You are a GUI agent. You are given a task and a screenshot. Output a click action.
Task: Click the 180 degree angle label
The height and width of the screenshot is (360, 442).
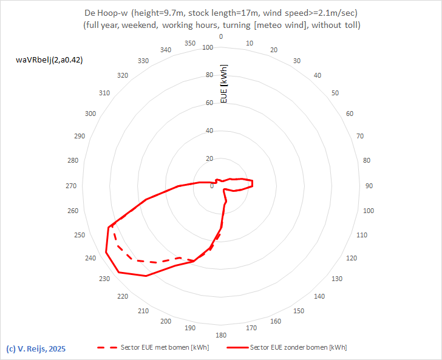click(221, 335)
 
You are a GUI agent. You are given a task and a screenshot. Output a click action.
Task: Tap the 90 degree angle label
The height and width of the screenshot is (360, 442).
click(369, 186)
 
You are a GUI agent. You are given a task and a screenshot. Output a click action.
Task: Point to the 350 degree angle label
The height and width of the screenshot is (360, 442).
click(190, 43)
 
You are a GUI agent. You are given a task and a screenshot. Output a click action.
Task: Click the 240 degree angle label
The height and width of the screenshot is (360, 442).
click(90, 259)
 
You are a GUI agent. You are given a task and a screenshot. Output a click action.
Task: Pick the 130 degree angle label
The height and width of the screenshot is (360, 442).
click(337, 279)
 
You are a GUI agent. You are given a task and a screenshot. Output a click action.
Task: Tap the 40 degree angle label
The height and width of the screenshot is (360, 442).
click(317, 75)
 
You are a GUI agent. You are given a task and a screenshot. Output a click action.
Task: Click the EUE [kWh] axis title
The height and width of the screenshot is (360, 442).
click(224, 83)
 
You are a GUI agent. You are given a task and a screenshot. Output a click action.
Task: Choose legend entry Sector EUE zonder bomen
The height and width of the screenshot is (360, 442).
click(298, 348)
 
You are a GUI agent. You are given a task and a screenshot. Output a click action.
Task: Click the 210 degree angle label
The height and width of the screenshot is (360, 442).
click(143, 311)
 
